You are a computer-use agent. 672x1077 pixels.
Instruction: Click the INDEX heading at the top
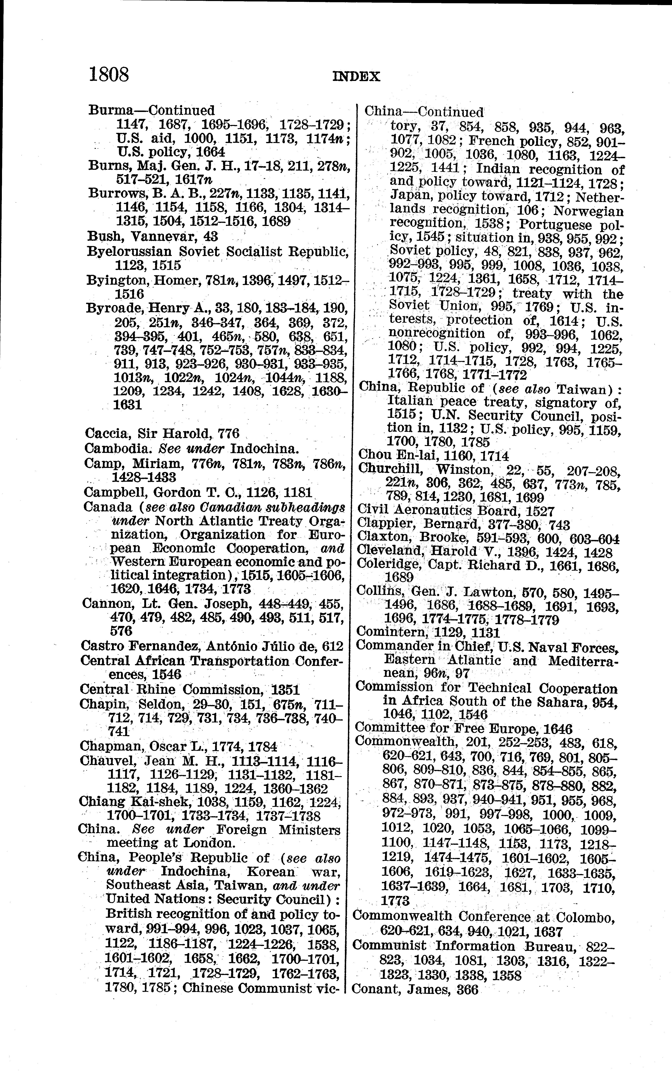[x=356, y=77]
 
